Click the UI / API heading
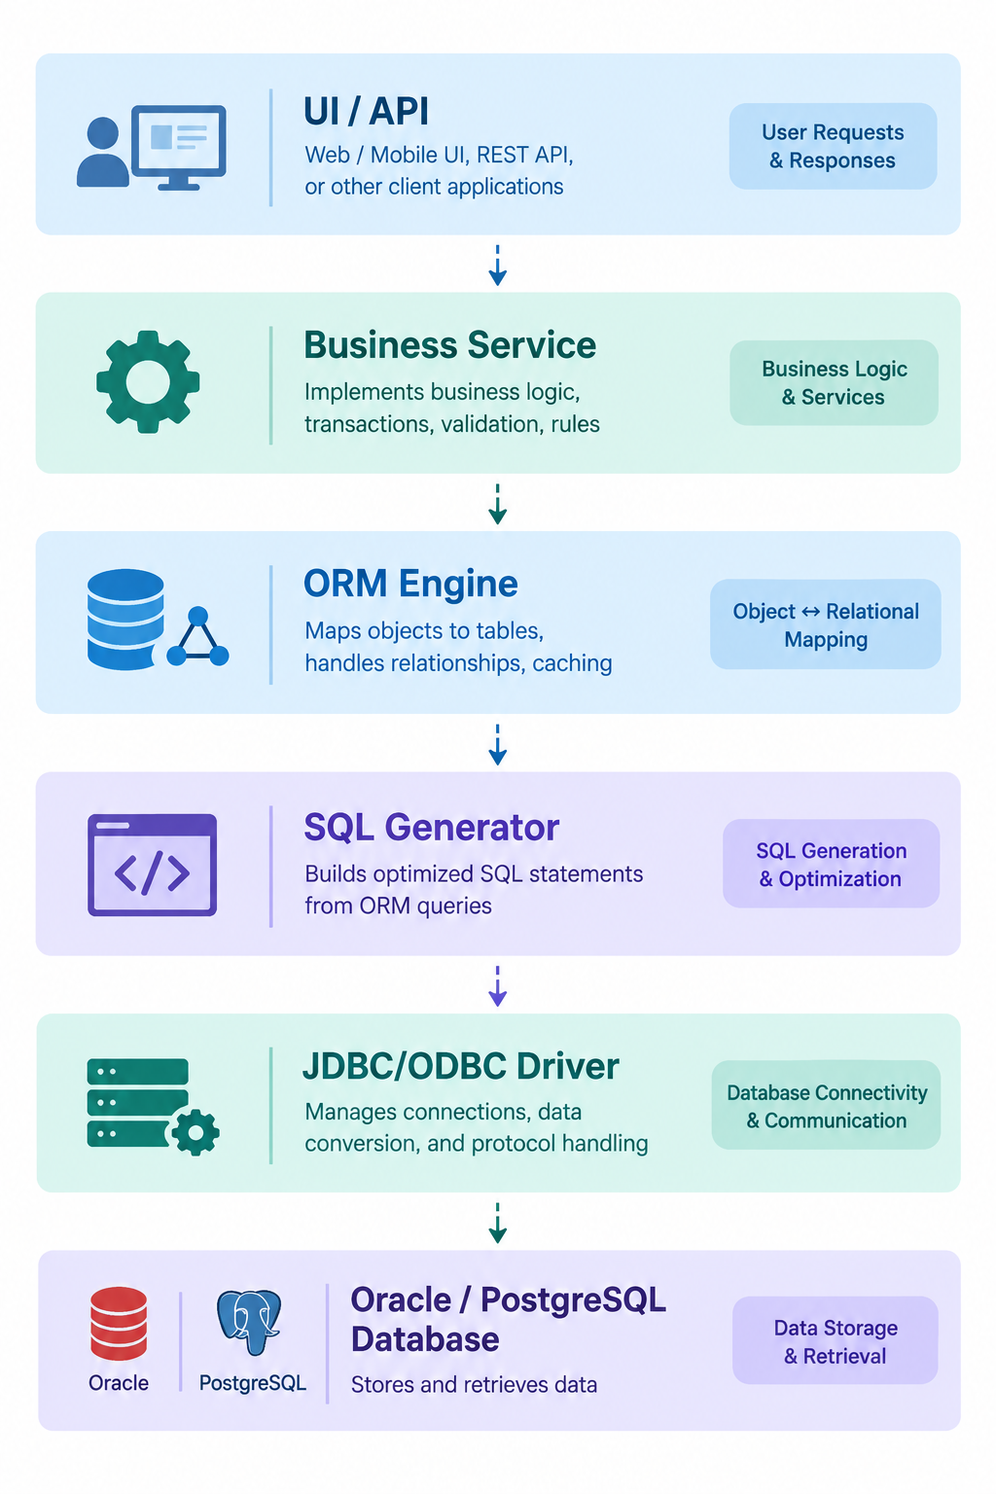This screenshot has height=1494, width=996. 366,111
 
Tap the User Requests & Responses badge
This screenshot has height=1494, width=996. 833,146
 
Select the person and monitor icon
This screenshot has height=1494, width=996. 152,148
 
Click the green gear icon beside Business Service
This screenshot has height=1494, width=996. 148,381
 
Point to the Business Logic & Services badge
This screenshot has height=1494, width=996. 834,383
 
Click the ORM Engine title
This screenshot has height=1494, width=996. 410,584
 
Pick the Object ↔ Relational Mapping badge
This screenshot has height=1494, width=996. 825,624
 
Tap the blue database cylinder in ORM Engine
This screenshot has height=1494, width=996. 125,619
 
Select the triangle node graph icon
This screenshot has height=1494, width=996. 197,637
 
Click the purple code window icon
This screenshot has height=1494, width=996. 152,865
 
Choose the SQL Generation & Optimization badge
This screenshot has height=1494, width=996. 832,864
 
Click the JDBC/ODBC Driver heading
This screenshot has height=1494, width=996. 460,1066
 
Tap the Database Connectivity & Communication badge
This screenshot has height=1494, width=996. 827,1105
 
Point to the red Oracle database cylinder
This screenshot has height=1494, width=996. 119,1323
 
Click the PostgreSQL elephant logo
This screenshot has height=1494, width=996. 249,1322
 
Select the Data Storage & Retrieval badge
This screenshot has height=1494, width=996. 836,1340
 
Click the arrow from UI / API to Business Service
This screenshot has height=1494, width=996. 498,266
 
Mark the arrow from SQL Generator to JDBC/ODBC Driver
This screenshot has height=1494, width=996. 498,985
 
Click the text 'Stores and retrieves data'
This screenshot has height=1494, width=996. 474,1385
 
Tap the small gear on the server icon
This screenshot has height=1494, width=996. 196,1132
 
